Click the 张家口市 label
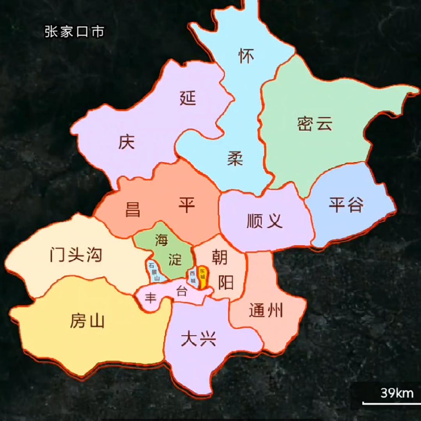pyautogui.click(x=74, y=32)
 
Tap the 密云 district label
pyautogui.click(x=315, y=124)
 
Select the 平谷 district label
pyautogui.click(x=346, y=204)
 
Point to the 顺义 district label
pyautogui.click(x=265, y=221)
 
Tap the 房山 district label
pyautogui.click(x=87, y=321)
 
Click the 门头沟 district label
pyautogui.click(x=76, y=255)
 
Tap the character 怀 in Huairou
pyautogui.click(x=246, y=56)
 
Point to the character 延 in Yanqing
pyautogui.click(x=188, y=98)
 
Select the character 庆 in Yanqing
pyautogui.click(x=127, y=142)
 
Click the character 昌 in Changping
pyautogui.click(x=133, y=209)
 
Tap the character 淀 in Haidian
pyautogui.click(x=175, y=259)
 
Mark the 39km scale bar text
pyautogui.click(x=397, y=393)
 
